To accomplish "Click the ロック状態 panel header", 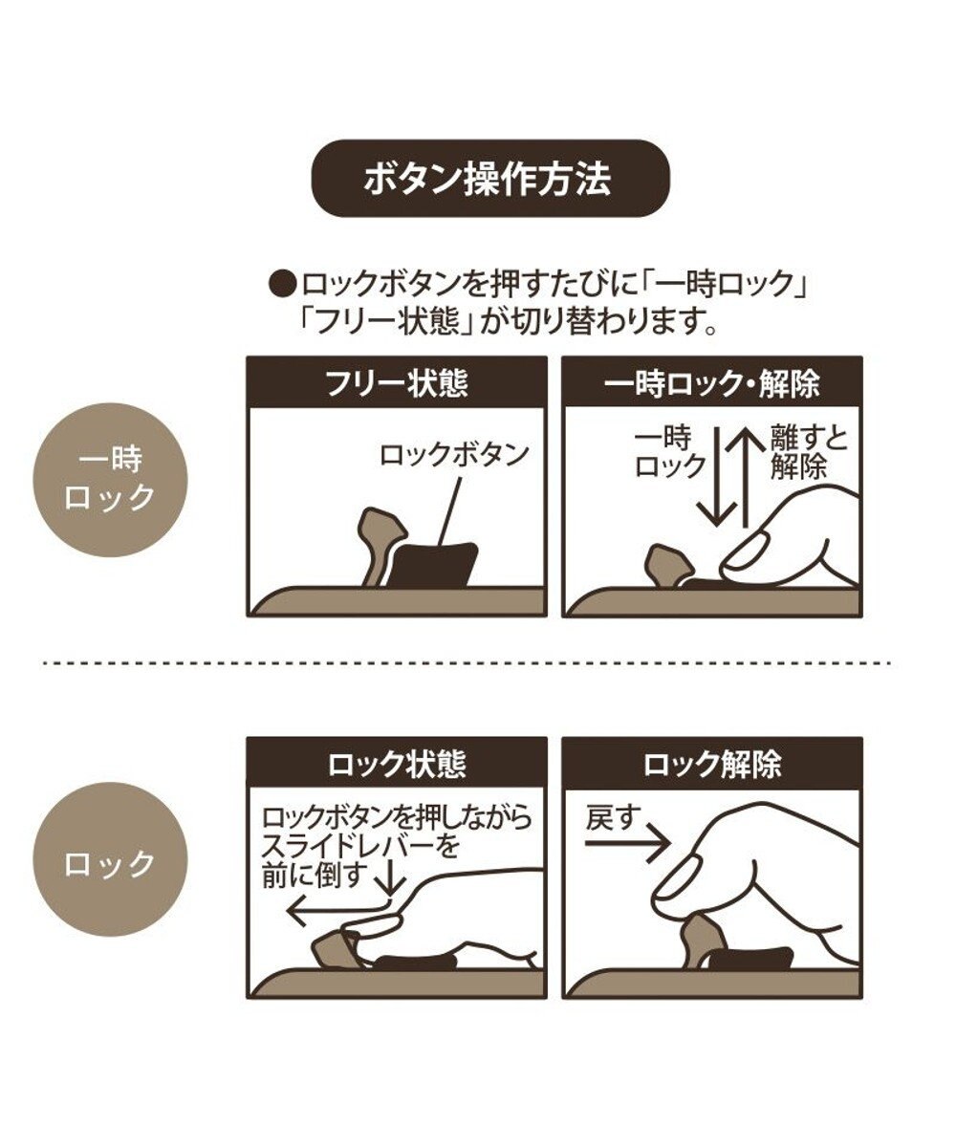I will pos(396,764).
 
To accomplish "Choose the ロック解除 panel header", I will pos(712,764).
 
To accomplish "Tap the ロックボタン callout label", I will pos(454,454).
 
